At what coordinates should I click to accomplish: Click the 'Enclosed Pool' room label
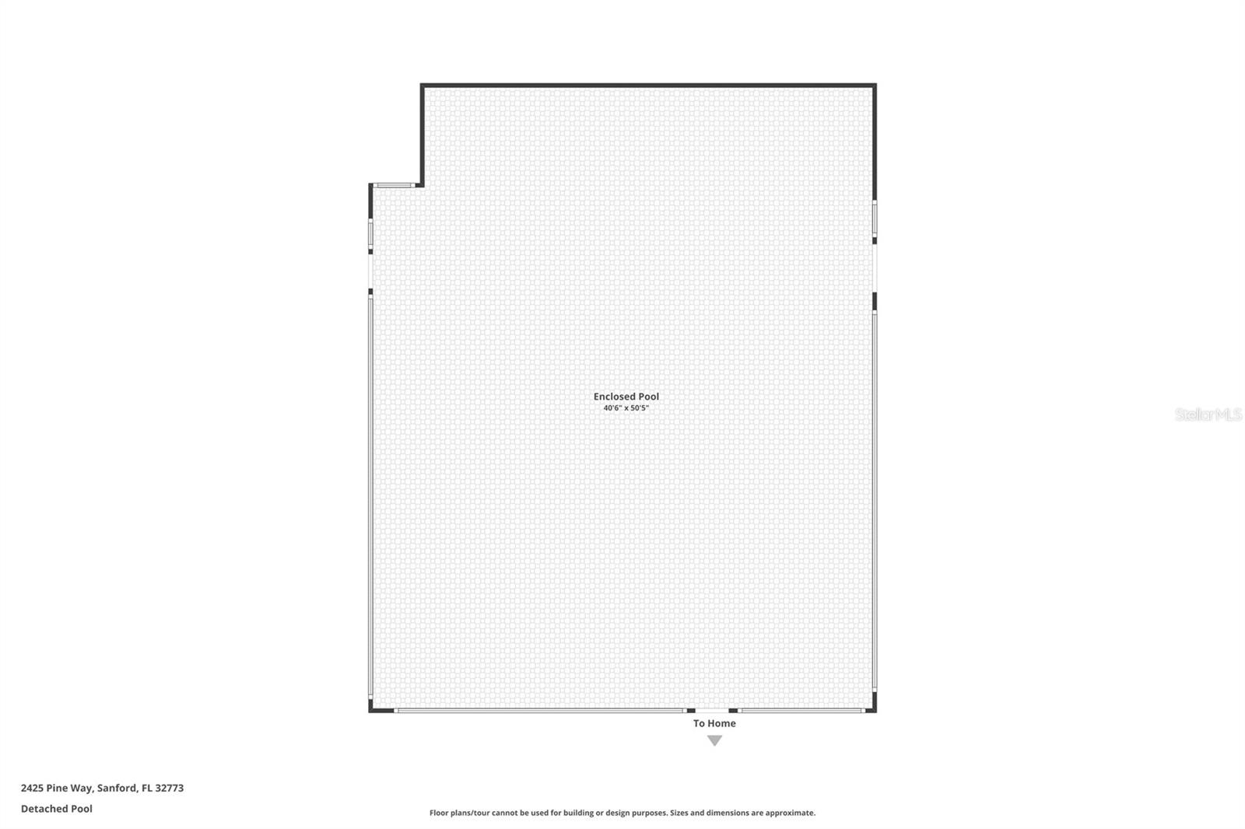click(626, 397)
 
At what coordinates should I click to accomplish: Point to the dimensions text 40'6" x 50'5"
click(626, 408)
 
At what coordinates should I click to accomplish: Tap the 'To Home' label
click(714, 723)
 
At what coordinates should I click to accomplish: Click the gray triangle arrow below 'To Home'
click(714, 740)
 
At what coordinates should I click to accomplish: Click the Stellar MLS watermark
click(1208, 415)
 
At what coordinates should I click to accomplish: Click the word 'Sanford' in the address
click(116, 788)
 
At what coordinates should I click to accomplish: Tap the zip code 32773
click(170, 788)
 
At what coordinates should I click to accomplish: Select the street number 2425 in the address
click(32, 788)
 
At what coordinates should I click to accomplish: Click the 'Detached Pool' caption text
click(57, 809)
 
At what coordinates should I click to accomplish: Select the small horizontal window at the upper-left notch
click(393, 185)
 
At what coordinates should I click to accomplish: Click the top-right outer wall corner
click(874, 86)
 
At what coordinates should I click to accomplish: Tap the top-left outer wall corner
click(423, 86)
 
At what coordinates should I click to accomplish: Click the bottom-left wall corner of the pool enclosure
click(371, 709)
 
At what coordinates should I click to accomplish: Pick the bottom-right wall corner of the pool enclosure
click(874, 709)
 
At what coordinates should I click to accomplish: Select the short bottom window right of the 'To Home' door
click(801, 710)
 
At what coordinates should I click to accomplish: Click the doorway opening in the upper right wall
click(875, 268)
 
